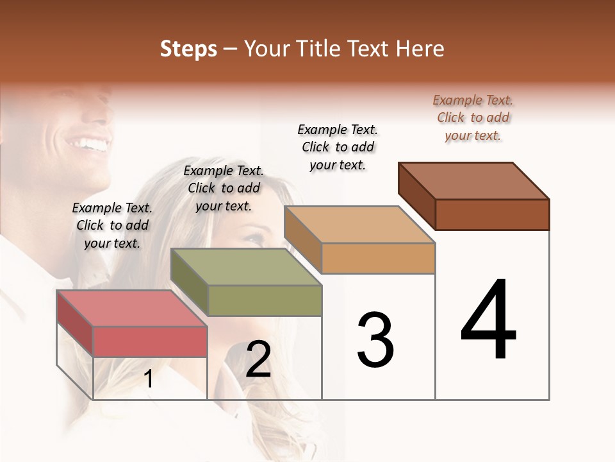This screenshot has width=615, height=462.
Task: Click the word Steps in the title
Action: pos(188,49)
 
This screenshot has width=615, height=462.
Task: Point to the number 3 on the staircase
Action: pos(375,340)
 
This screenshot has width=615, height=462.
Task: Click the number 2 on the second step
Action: pos(258,359)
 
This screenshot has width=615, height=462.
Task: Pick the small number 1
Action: pos(149,379)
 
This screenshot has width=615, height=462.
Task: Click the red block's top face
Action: pos(132,308)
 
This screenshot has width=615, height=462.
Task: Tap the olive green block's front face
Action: pos(265,300)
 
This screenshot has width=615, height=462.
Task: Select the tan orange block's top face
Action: pos(359,225)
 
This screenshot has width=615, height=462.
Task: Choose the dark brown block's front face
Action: pos(492,214)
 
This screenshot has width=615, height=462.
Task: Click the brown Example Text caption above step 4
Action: pos(473,117)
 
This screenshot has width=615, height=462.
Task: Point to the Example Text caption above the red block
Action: pos(112,225)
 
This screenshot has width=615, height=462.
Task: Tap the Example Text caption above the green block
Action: pos(224,188)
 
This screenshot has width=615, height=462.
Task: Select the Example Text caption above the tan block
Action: pos(338,147)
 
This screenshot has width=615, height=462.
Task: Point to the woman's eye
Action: pos(254,238)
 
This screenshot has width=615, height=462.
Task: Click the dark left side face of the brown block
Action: pos(416,195)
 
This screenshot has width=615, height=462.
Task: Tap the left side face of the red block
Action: pos(75,323)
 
